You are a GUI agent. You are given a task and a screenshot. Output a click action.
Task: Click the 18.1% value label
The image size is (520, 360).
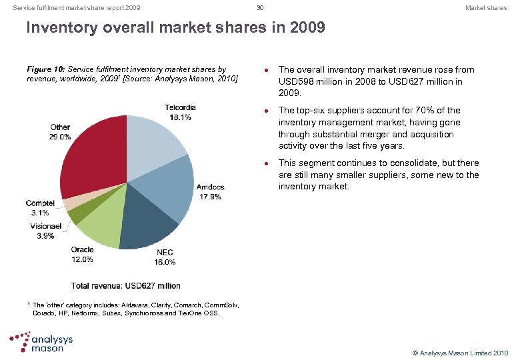181,117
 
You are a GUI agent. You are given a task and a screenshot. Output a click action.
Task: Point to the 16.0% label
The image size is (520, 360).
165,263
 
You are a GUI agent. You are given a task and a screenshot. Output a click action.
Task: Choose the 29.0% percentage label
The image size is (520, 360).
60,137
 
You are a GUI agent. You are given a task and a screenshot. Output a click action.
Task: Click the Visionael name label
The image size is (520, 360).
46,227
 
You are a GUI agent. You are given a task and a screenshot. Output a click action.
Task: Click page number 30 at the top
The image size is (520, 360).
260,8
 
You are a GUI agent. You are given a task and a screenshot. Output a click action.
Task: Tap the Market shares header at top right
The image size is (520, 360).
486,8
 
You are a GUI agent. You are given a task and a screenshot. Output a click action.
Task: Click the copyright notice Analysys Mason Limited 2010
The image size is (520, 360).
461,352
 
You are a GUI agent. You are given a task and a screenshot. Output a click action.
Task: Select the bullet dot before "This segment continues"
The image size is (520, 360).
267,163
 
